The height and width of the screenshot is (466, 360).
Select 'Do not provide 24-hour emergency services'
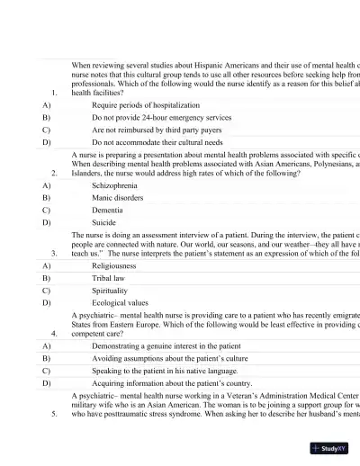[x=161, y=117]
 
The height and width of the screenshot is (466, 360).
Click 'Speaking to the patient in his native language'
[x=165, y=370]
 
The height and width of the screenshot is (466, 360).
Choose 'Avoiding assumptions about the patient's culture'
[x=169, y=358]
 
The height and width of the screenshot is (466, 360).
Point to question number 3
[x=55, y=253]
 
